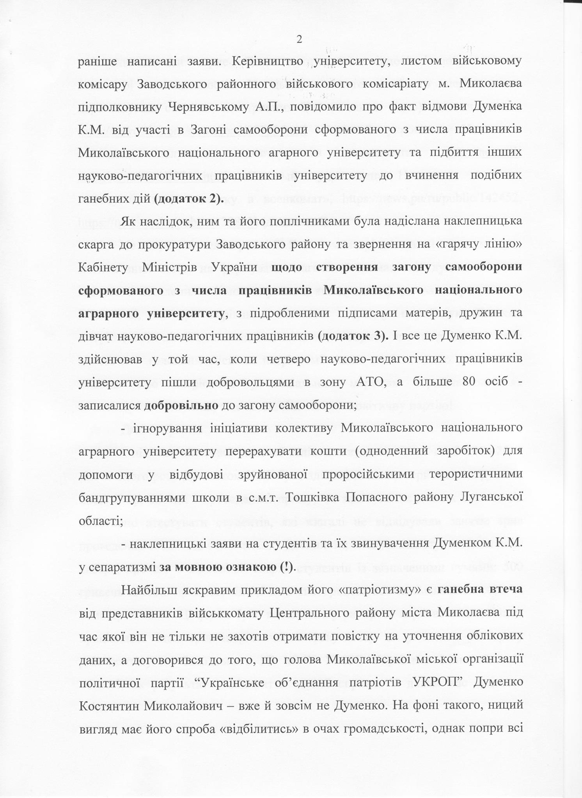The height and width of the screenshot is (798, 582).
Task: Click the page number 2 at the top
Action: pos(299,39)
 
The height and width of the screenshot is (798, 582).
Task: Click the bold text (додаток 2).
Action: pos(189,199)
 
